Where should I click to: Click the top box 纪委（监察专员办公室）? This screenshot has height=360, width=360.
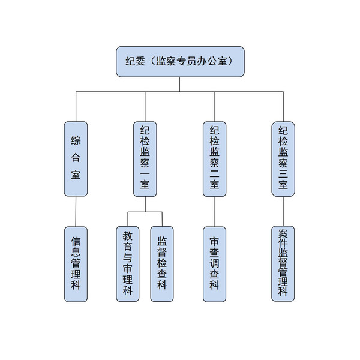[x=180, y=61]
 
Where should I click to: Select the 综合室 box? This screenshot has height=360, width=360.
[x=76, y=158]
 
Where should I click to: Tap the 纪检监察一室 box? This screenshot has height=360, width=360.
[x=145, y=158]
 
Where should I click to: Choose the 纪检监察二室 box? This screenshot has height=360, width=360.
[x=214, y=158]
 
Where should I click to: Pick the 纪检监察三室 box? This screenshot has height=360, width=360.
[x=283, y=158]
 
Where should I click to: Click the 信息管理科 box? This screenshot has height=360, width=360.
[x=76, y=263]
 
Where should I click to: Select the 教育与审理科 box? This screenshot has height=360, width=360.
[x=127, y=263]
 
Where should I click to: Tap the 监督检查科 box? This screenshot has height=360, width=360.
[x=162, y=263]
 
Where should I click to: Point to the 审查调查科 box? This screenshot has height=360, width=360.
[x=214, y=263]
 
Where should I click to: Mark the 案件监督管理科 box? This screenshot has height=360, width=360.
[x=283, y=263]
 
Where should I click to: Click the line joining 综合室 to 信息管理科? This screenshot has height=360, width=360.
[x=76, y=211]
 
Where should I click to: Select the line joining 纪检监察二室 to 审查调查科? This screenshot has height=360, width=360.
[x=214, y=211]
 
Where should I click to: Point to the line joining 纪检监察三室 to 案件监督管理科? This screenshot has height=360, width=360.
[x=283, y=211]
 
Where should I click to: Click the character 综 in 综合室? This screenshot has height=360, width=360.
[x=76, y=142]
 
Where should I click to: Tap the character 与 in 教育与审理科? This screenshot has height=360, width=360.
[x=127, y=258]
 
